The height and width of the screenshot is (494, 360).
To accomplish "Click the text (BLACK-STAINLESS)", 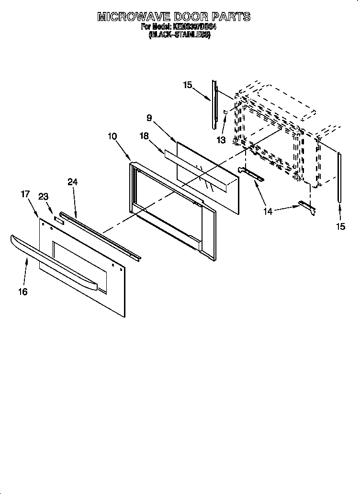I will [179, 35].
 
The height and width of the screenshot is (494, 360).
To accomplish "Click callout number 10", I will [112, 136].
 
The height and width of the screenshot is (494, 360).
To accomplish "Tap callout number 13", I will [220, 140].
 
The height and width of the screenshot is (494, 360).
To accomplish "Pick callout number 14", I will [268, 211].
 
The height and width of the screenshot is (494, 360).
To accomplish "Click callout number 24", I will [72, 182].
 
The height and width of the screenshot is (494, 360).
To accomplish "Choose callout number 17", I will [25, 194].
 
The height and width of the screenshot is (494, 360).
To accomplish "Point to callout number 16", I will [23, 292].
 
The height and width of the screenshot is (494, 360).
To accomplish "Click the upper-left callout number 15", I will [187, 85].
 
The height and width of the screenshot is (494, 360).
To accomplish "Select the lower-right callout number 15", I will [340, 227].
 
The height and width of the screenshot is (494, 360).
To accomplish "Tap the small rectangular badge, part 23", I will [58, 220].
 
